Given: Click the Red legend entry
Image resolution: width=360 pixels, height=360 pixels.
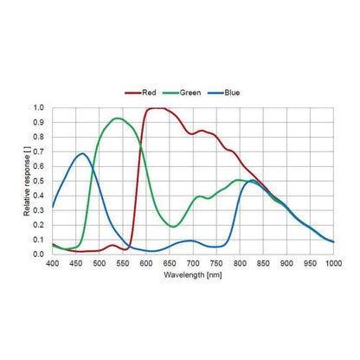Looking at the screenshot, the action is tap(140, 93).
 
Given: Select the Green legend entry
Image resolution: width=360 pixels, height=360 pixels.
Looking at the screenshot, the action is tap(182, 93).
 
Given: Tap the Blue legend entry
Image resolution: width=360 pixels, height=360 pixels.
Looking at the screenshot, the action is tap(224, 93).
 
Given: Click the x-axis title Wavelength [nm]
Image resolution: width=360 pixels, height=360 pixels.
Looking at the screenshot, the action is tap(193, 275).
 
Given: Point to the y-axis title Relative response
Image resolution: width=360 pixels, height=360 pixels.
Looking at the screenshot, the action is tap(27, 181).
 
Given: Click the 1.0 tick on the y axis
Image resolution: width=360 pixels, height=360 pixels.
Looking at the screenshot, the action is tap(38, 108).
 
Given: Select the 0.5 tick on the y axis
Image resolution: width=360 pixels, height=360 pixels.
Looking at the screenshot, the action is tap(38, 181).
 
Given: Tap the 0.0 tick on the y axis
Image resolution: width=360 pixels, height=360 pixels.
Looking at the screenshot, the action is tap(38, 254).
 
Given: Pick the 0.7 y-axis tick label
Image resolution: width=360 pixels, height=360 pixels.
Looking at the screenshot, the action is tap(38, 151).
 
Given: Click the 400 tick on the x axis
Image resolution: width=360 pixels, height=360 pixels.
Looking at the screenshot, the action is tap(52, 263).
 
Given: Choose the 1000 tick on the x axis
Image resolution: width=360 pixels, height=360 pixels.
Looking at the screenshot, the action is tap(334, 263).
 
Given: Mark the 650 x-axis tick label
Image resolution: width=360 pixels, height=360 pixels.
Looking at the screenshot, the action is tap(170, 263).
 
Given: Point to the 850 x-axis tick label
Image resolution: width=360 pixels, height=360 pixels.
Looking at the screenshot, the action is tap(263, 263).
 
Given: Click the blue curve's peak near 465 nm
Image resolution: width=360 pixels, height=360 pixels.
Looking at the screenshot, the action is tap(83, 153).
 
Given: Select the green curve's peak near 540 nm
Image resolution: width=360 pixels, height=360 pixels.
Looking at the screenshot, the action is tap(117, 119).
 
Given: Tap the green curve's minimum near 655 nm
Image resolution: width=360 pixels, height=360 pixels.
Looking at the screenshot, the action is tap(172, 227).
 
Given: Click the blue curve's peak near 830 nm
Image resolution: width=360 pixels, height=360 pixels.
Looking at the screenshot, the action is tap(253, 180).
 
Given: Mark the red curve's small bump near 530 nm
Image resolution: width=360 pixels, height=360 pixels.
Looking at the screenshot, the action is tap(112, 246).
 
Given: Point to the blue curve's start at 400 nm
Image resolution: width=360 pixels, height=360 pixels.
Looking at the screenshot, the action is tap(53, 207).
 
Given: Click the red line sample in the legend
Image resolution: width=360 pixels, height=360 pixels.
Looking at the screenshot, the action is tap(133, 93).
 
